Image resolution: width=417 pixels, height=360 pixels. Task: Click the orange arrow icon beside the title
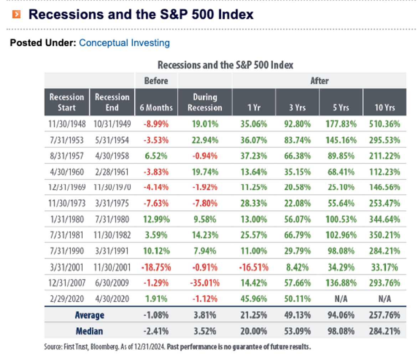pos(16,15)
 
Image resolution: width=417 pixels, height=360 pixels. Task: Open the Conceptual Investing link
pos(124,43)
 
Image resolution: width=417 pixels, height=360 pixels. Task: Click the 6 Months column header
pos(156,107)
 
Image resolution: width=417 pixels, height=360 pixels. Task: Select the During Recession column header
pos(205,102)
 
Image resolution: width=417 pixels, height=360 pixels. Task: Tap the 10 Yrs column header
pos(385,107)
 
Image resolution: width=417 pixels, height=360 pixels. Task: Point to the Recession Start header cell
pos(67,102)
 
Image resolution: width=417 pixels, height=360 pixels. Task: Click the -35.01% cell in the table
pos(205,283)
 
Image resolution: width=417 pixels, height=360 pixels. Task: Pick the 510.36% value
pos(385,125)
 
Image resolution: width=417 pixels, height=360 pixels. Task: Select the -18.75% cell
pos(156,267)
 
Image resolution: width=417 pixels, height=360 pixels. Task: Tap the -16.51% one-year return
pos(253,267)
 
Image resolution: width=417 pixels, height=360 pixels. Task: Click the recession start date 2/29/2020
pos(67,299)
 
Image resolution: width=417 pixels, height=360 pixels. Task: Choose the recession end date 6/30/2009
pos(112,283)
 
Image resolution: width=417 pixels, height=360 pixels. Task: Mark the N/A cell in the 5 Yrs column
pos(341,299)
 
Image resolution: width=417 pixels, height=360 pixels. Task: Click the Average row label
pos(89,315)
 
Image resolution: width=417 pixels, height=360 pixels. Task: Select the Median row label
pos(89,331)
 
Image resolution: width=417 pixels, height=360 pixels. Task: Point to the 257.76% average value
pos(385,315)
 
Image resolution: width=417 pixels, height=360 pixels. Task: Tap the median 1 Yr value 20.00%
pos(253,331)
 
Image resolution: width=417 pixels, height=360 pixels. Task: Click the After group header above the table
pos(319,81)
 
